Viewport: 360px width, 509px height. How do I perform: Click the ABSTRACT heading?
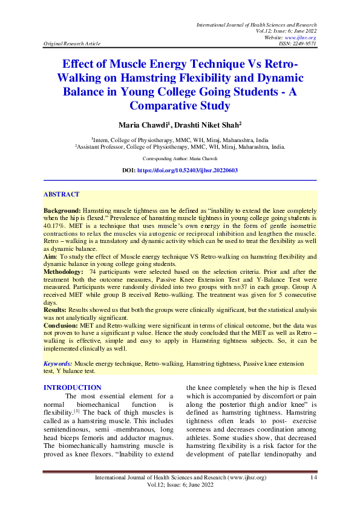point(61,195)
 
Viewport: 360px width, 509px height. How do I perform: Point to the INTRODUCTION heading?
point(73,387)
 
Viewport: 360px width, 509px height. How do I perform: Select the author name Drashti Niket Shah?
point(199,125)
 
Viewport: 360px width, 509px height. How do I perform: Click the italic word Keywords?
point(58,364)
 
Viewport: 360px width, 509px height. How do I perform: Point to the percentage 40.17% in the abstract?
point(54,224)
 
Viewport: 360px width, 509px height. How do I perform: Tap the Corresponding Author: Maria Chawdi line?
point(180,158)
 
